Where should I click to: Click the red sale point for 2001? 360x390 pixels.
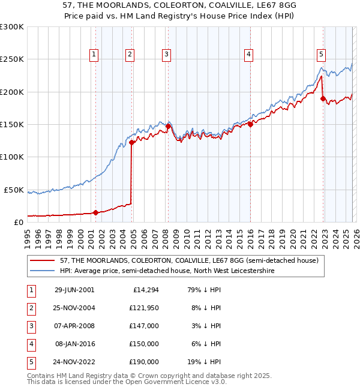[x=95, y=212]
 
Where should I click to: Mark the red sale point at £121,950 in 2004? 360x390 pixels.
[x=132, y=142]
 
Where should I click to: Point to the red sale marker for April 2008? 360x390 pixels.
[x=168, y=126]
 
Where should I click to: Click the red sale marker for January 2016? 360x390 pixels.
[x=250, y=124]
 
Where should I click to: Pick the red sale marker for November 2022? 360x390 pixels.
[x=323, y=98]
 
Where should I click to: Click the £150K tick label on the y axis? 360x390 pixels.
[x=12, y=124]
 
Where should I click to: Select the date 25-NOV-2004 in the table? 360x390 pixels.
[x=75, y=308]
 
